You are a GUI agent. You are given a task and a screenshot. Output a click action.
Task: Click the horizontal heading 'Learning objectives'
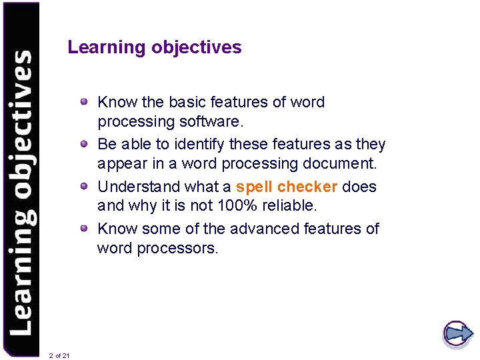point(155,47)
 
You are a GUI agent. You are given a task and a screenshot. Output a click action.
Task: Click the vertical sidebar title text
point(21,193)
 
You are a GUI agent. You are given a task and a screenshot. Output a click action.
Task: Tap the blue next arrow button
point(457,333)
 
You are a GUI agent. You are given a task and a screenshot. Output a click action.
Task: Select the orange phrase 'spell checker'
point(287,187)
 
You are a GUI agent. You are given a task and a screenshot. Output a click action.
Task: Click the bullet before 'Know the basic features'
point(84,102)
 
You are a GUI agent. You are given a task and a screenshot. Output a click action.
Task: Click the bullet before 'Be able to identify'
point(84,144)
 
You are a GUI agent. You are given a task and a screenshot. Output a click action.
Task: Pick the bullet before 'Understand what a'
point(84,187)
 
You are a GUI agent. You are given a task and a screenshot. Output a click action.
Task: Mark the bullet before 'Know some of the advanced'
point(84,229)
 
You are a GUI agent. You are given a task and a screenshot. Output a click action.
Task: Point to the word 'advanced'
point(264,229)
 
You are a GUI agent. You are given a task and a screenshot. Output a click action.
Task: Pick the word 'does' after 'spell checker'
point(359,187)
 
